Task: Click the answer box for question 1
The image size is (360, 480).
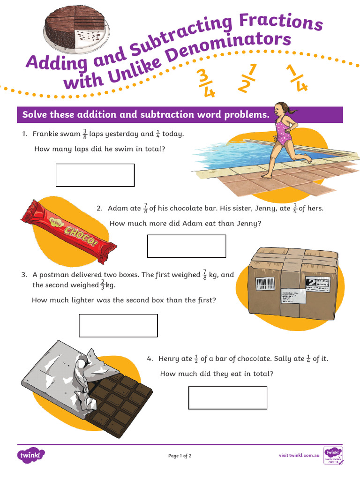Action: click(x=95, y=175)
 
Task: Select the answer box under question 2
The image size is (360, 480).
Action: click(x=187, y=246)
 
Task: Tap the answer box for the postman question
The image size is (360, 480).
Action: click(x=118, y=325)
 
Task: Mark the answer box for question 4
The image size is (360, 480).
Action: click(x=228, y=397)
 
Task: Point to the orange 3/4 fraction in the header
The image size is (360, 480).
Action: click(x=206, y=84)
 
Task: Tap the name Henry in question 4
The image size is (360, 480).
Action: click(x=169, y=359)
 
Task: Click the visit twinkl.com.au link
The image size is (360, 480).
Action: click(x=299, y=455)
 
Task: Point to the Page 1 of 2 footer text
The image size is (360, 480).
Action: click(x=180, y=456)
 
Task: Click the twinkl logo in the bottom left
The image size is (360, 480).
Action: click(x=31, y=455)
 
